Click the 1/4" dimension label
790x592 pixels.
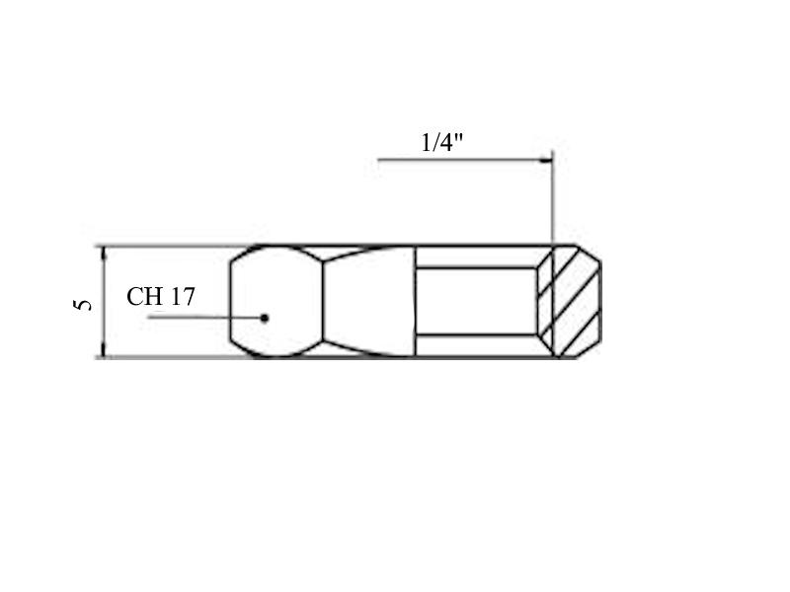(x=441, y=142)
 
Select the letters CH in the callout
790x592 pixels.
(x=144, y=297)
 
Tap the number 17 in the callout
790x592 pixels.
(x=182, y=297)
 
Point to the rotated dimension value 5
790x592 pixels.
(x=83, y=305)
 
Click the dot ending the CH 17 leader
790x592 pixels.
(x=265, y=318)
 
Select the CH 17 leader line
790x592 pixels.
(x=205, y=317)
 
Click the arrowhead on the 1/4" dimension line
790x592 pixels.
(x=546, y=160)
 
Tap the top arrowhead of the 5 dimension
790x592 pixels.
(x=104, y=254)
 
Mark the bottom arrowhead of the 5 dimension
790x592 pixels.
(x=104, y=350)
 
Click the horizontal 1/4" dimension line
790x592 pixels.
(x=465, y=160)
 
